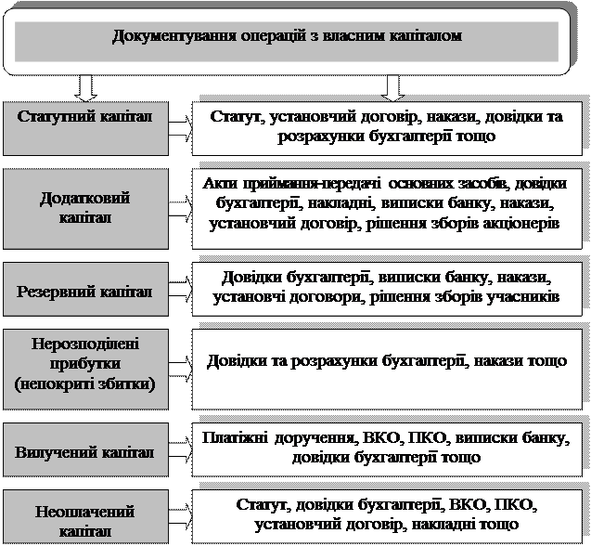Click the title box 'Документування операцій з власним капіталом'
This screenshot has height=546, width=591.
pyautogui.click(x=287, y=37)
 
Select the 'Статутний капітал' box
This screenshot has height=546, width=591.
pyautogui.click(x=85, y=126)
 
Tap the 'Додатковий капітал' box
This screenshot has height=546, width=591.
pyautogui.click(x=85, y=208)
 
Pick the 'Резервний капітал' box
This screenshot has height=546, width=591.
pyautogui.click(x=85, y=290)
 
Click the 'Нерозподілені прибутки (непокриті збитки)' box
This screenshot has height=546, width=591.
pyautogui.click(x=85, y=361)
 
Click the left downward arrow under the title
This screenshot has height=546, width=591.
pyautogui.click(x=85, y=86)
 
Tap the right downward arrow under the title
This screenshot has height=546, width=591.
pyautogui.click(x=393, y=86)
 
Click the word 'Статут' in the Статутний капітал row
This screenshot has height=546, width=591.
pyautogui.click(x=235, y=119)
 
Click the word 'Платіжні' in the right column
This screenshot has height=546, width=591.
pyautogui.click(x=232, y=440)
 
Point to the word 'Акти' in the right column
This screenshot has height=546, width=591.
pyautogui.click(x=218, y=184)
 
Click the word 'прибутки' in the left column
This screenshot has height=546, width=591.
pyautogui.click(x=85, y=361)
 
